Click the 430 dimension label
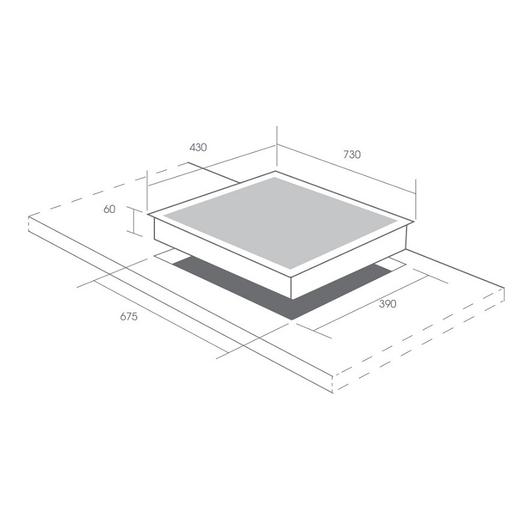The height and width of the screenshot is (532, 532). point(198,148)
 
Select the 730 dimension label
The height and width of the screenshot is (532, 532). point(352,155)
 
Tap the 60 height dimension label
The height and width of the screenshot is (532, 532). point(109,209)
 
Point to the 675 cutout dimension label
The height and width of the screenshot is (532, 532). point(129,317)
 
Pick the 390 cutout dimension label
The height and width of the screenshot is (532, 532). point(388,304)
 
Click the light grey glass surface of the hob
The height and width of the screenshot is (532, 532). point(280,223)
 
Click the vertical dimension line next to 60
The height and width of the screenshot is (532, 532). point(134,221)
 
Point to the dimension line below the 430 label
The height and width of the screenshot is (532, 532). point(211,166)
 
